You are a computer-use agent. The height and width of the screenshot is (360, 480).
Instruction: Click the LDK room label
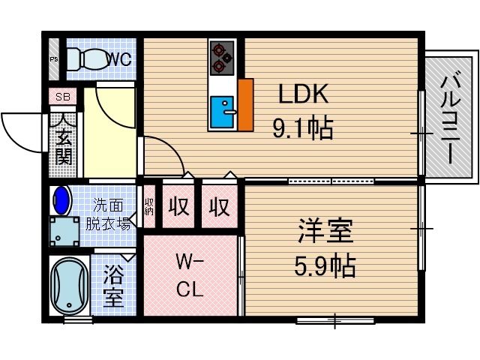click(304, 94)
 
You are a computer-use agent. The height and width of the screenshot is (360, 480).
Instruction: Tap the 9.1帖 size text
click(302, 130)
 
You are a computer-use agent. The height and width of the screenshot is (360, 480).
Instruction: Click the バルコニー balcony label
click(449, 117)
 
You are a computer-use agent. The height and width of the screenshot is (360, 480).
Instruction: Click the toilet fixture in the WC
click(83, 58)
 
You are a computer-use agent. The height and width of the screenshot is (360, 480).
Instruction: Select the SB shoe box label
click(61, 96)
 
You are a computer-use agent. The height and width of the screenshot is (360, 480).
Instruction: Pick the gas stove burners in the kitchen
click(223, 57)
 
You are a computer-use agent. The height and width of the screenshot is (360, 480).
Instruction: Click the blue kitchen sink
click(223, 113)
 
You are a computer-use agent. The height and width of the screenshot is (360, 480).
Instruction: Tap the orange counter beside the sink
click(245, 104)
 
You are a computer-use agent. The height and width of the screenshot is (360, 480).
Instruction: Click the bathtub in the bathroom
click(69, 287)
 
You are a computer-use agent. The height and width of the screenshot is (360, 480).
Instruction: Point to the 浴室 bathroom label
click(113, 286)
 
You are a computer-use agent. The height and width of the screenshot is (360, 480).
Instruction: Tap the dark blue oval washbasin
click(61, 201)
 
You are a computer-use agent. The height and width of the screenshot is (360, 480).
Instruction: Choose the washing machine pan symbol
click(64, 231)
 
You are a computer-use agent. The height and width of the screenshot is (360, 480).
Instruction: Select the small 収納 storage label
click(149, 205)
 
